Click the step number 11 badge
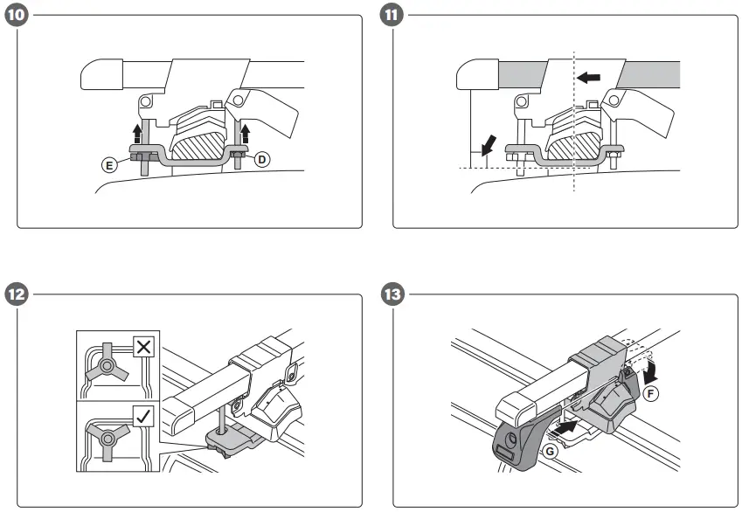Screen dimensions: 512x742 point(392,16)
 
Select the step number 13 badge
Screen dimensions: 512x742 point(392,294)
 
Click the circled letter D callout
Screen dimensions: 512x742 point(260,160)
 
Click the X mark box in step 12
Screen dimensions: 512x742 point(143,346)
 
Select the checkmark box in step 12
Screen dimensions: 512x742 point(143,415)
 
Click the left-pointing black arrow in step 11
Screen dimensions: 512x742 point(589,78)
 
